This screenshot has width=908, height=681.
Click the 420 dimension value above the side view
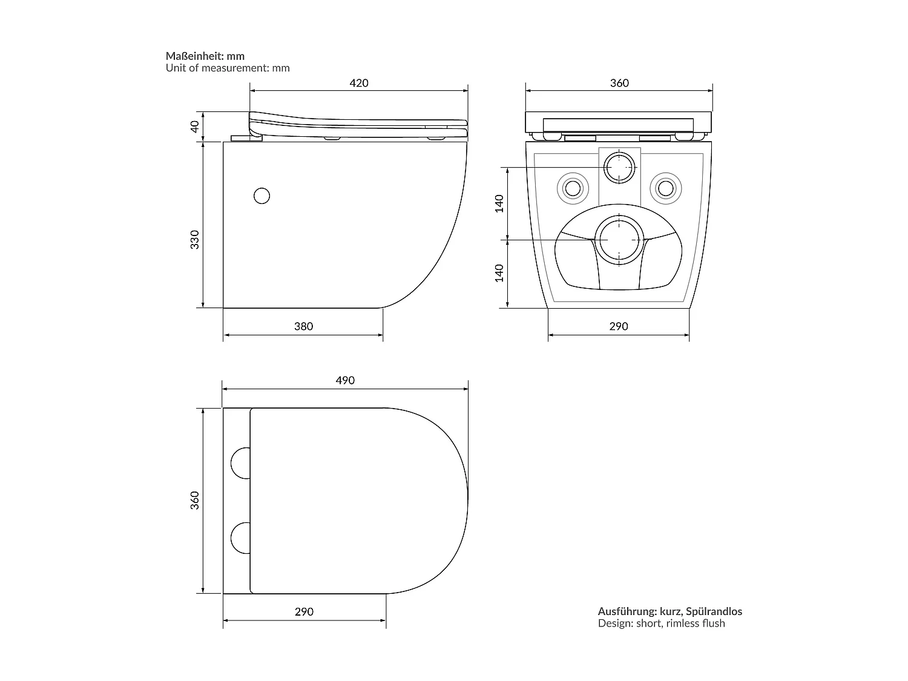pyautogui.click(x=359, y=83)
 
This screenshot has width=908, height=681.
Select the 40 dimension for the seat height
pyautogui.click(x=194, y=127)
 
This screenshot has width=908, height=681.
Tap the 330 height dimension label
pyautogui.click(x=194, y=240)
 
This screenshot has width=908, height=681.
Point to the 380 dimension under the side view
pyautogui.click(x=303, y=326)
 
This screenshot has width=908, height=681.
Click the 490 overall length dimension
pyautogui.click(x=345, y=380)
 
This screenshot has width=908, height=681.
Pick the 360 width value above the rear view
pyautogui.click(x=619, y=83)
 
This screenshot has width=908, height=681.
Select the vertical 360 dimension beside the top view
pyautogui.click(x=194, y=500)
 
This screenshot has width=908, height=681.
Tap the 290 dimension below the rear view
pyautogui.click(x=618, y=326)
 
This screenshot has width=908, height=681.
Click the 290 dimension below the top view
pyautogui.click(x=304, y=611)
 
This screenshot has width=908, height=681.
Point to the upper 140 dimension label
pyautogui.click(x=499, y=203)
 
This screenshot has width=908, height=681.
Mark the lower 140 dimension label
pyautogui.click(x=499, y=273)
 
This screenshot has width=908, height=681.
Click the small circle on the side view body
pyautogui.click(x=262, y=196)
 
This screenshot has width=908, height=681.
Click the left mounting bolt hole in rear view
pyautogui.click(x=572, y=188)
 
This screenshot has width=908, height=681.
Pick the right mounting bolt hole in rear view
pyautogui.click(x=666, y=188)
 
